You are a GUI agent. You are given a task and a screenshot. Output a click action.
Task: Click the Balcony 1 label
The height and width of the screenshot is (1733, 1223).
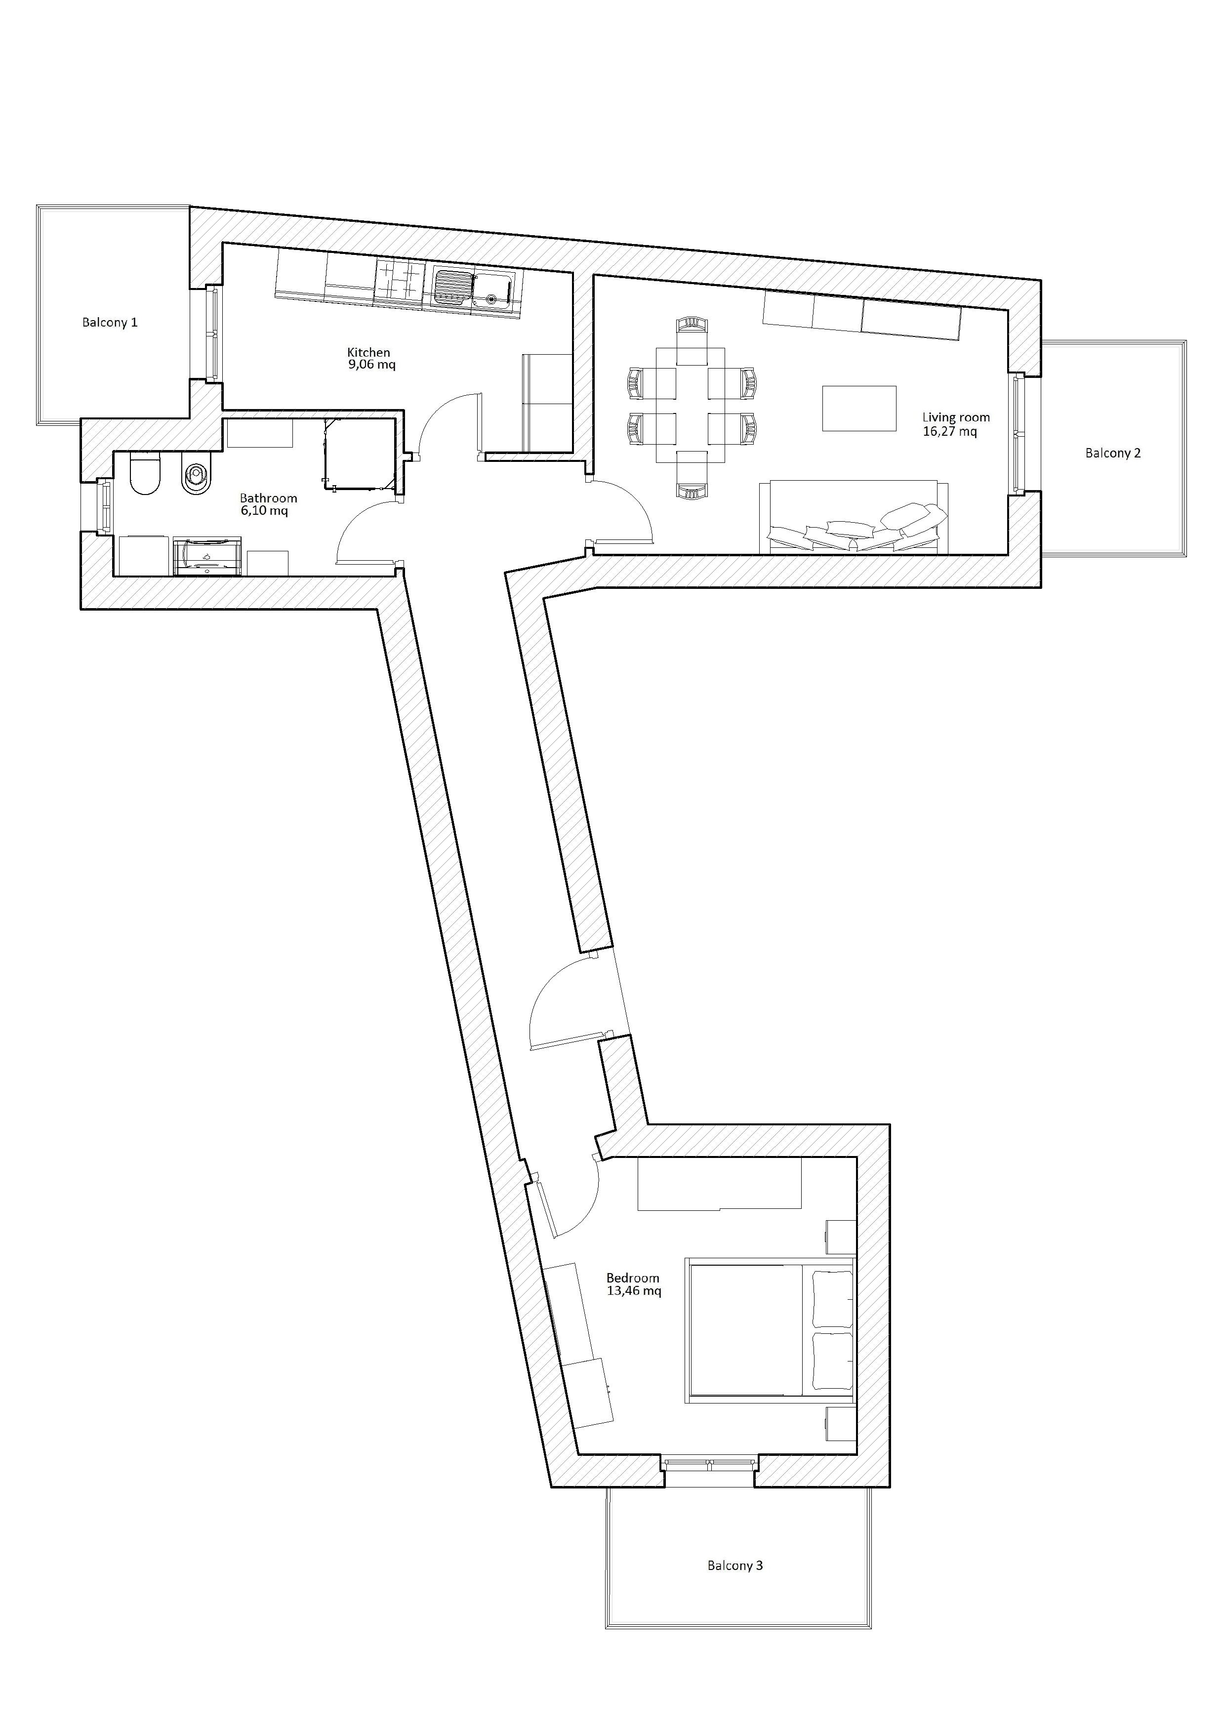pos(110,322)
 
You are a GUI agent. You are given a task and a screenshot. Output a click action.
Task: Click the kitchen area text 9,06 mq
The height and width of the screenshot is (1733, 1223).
pos(371,365)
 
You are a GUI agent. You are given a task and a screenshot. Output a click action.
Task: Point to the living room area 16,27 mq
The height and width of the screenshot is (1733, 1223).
pos(950,432)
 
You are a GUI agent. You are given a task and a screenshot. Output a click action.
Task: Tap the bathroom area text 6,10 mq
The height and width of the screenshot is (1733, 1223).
pos(264,511)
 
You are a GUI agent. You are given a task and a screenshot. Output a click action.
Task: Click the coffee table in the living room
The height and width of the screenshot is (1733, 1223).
pos(859,409)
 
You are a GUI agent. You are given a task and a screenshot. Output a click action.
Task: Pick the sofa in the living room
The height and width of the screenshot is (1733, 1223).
pos(854,517)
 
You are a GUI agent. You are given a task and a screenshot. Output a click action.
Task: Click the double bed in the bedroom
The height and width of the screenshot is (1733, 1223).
pos(770,1331)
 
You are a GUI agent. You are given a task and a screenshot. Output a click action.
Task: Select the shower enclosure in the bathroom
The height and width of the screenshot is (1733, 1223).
pos(360,454)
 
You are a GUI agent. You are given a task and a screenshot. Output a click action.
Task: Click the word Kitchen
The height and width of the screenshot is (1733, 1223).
pos(369,353)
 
